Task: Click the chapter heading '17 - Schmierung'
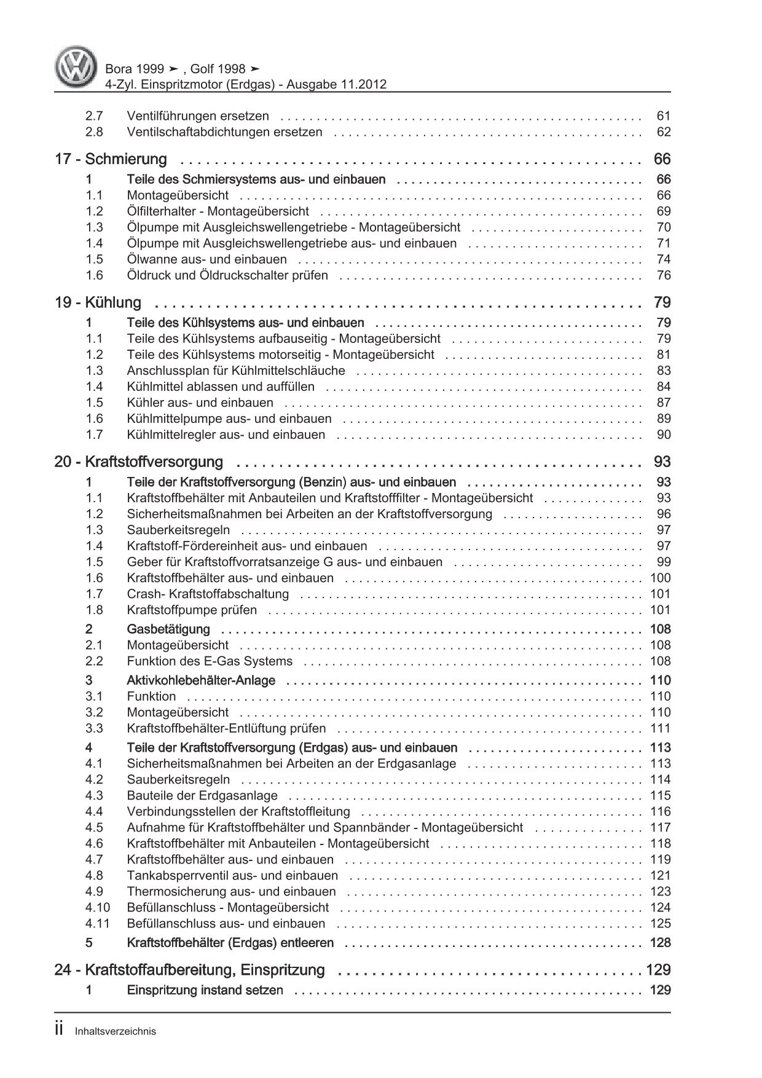[111, 159]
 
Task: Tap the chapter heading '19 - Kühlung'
[98, 302]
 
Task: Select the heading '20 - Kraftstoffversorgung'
[138, 462]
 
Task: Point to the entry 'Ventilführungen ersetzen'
[198, 116]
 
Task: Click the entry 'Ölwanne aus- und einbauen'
[206, 259]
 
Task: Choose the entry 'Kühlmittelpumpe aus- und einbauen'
[229, 419]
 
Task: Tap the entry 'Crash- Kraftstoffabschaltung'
[208, 594]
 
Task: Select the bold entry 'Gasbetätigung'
[168, 629]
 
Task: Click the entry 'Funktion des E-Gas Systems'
[210, 661]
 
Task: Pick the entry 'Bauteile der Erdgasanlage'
[202, 795]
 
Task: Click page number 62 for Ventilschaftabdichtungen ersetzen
[664, 132]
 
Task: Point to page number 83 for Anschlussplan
[664, 371]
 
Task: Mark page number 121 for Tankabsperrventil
[661, 875]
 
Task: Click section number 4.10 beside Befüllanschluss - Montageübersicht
[98, 907]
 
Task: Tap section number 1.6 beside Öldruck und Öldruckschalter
[94, 275]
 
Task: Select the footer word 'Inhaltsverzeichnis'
[116, 1031]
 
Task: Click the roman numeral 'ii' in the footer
[60, 1030]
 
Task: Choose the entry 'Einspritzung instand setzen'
[205, 990]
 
